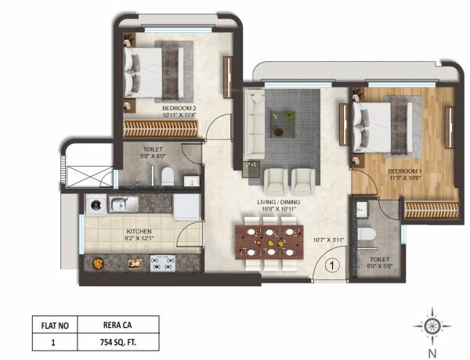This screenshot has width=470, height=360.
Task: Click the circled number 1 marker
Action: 331,266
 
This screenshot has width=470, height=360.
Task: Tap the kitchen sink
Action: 120,206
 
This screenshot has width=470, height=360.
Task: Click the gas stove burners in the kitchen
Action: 161,263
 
